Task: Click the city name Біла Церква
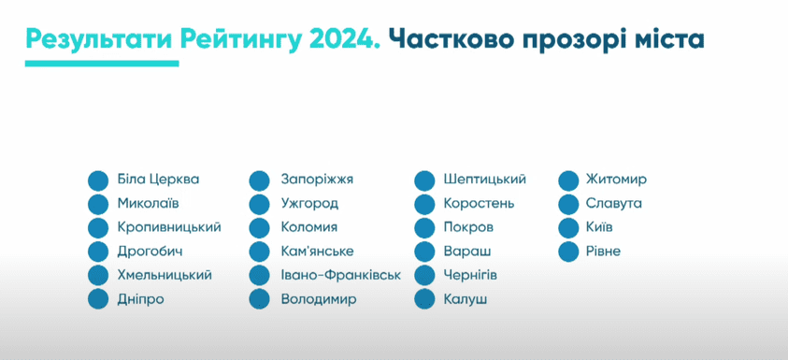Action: pyautogui.click(x=158, y=180)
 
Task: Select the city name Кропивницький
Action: pyautogui.click(x=169, y=227)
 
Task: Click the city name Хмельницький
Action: pyautogui.click(x=165, y=275)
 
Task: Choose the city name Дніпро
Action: pyautogui.click(x=141, y=299)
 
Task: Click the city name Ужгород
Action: pyautogui.click(x=309, y=203)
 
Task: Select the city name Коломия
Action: pyautogui.click(x=308, y=227)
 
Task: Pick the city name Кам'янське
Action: pyautogui.click(x=317, y=251)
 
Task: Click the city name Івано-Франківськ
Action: pyautogui.click(x=340, y=275)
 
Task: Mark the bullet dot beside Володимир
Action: pyautogui.click(x=260, y=299)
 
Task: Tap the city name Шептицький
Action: pyautogui.click(x=485, y=180)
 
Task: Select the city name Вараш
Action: pyautogui.click(x=467, y=251)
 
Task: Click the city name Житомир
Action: pyautogui.click(x=615, y=180)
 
